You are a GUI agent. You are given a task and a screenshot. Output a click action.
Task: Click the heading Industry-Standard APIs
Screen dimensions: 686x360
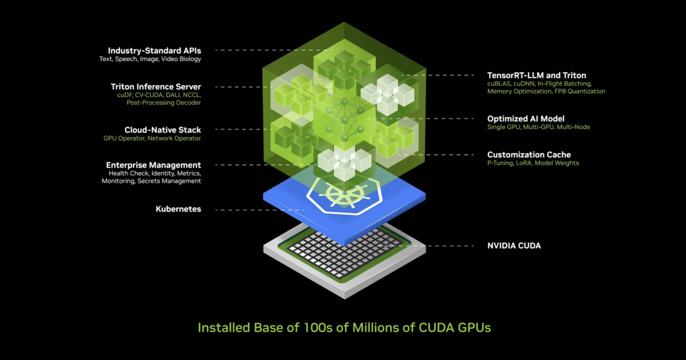click(x=154, y=51)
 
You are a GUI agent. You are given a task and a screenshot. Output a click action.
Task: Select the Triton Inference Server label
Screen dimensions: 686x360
click(x=156, y=86)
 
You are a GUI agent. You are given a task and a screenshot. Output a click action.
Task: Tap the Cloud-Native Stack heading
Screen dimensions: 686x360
click(x=163, y=130)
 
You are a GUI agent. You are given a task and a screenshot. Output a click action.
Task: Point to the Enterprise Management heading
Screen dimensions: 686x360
click(x=154, y=165)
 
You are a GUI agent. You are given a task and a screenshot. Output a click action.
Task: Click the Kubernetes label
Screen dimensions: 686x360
click(x=178, y=209)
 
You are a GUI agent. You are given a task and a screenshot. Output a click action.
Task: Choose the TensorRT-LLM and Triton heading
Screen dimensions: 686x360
click(x=537, y=75)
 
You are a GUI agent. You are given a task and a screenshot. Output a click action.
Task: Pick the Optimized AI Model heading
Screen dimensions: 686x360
click(x=526, y=119)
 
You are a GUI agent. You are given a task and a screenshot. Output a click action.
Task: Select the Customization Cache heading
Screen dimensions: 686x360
click(x=529, y=154)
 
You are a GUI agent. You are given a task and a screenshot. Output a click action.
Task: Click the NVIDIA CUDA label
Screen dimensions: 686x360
click(x=514, y=246)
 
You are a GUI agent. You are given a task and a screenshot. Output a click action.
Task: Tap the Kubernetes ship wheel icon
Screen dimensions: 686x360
click(x=345, y=193)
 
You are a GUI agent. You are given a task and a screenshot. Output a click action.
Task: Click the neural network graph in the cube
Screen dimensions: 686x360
click(x=345, y=119)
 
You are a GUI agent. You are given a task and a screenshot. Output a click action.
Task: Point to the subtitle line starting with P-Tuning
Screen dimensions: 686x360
click(x=533, y=163)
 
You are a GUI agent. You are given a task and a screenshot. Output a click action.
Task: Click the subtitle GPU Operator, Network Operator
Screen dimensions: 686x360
click(x=152, y=138)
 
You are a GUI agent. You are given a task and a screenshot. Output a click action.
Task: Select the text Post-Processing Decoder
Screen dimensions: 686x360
click(x=164, y=103)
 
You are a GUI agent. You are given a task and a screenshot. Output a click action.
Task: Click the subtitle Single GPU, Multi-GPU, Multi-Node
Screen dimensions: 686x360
click(x=539, y=127)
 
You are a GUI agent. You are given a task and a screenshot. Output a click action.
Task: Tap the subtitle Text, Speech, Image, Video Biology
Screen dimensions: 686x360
click(x=150, y=59)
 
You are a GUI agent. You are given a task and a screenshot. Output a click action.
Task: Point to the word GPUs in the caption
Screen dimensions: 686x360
click(x=474, y=328)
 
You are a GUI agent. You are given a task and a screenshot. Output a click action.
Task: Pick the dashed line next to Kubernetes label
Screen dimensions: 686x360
click(x=260, y=210)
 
